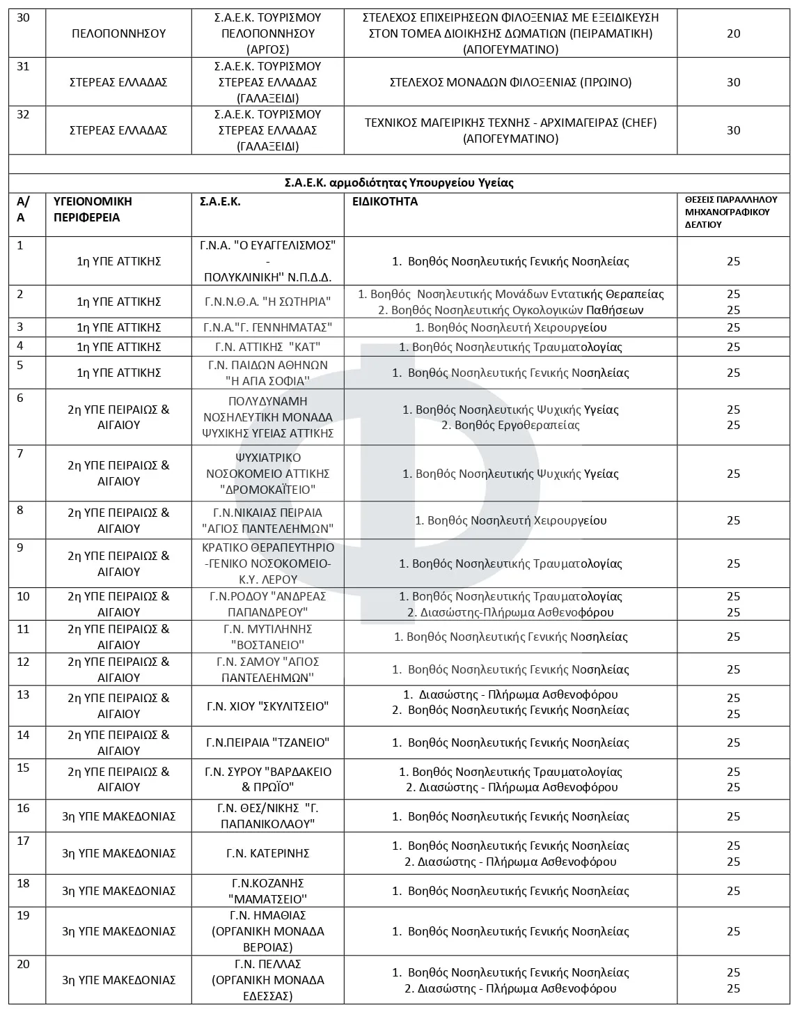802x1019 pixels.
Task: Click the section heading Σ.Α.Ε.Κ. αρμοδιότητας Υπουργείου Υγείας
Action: pos(399,182)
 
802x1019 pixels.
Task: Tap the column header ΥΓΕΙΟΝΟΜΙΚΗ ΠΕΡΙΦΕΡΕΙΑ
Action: pos(93,209)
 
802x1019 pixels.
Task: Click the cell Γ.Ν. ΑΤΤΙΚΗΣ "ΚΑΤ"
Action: pos(267,347)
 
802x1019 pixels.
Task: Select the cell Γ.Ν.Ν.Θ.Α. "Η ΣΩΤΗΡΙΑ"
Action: pos(267,302)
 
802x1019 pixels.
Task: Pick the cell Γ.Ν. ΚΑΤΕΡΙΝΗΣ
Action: pos(267,853)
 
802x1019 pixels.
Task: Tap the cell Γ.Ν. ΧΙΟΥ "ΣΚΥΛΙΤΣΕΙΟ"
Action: pos(267,706)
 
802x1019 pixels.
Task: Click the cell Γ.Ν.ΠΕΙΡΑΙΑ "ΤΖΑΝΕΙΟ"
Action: pos(267,742)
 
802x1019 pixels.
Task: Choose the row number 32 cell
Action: pos(23,115)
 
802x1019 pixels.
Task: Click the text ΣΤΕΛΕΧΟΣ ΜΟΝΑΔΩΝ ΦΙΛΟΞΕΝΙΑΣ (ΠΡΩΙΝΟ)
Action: pos(510,82)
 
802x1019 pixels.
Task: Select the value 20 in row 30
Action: pos(733,33)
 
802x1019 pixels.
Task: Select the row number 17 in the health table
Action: pos(23,841)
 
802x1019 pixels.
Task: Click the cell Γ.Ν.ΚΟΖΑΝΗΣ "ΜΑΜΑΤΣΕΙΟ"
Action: pos(267,891)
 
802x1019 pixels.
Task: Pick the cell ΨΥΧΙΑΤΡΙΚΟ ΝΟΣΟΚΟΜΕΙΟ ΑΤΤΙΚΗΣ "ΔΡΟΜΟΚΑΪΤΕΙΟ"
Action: pos(267,474)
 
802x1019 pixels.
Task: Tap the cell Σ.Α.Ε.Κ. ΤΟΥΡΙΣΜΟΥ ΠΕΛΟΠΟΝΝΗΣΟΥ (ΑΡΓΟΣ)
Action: pos(267,33)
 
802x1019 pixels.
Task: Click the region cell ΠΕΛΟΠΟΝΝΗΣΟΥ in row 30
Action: pos(119,33)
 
